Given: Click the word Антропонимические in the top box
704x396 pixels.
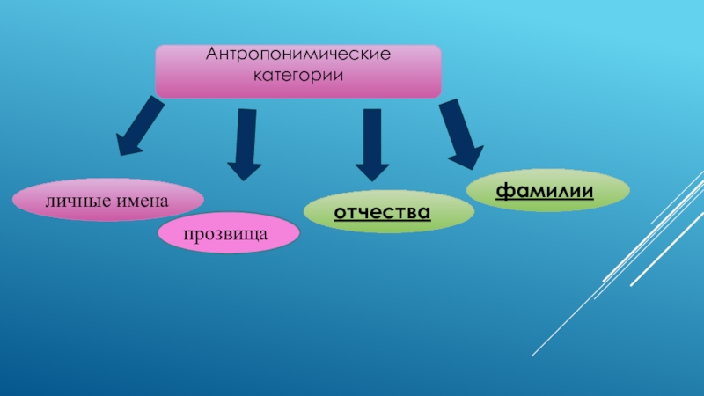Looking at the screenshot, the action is pyautogui.click(x=297, y=56).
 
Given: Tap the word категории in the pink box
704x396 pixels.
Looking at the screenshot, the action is pyautogui.click(x=297, y=76).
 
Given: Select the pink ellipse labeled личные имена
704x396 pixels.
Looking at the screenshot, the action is pyautogui.click(x=107, y=200).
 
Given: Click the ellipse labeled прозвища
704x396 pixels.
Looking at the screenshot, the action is pyautogui.click(x=228, y=233).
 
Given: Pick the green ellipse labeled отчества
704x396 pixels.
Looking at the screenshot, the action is pyautogui.click(x=387, y=213).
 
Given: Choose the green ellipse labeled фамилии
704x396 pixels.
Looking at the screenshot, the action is pyautogui.click(x=547, y=191).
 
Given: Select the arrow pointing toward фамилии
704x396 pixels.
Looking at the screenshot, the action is pyautogui.click(x=460, y=132).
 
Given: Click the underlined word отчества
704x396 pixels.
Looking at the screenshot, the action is pyautogui.click(x=382, y=213).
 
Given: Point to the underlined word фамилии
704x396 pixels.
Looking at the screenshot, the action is pyautogui.click(x=545, y=191).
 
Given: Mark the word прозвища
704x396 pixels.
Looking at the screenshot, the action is pyautogui.click(x=228, y=233).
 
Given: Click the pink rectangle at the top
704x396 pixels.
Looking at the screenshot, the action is pyautogui.click(x=297, y=70).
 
